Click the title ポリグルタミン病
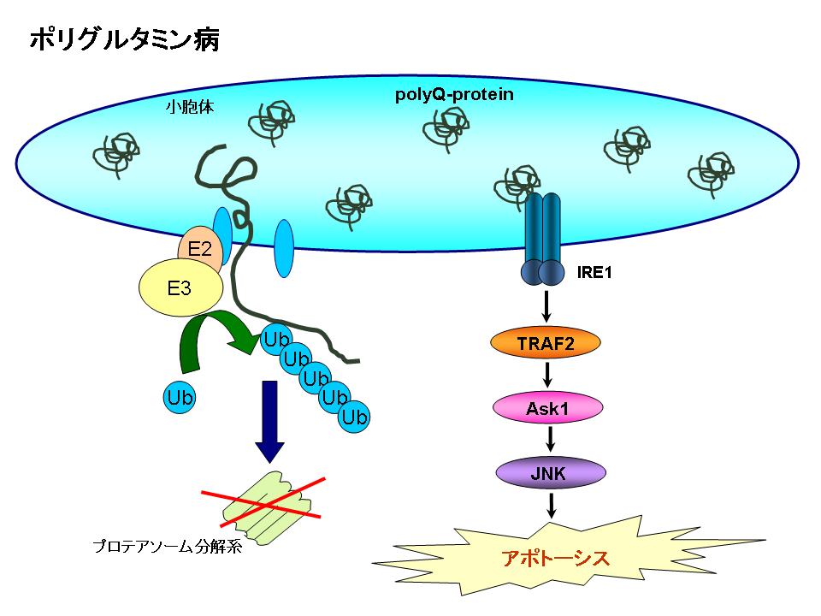124,40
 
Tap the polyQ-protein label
454,94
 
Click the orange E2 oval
199,251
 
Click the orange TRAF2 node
545,344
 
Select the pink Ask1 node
546,408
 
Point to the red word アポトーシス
555,559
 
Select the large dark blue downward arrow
270,419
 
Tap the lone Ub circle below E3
180,397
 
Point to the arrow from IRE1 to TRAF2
546,307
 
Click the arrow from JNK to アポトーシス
552,505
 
